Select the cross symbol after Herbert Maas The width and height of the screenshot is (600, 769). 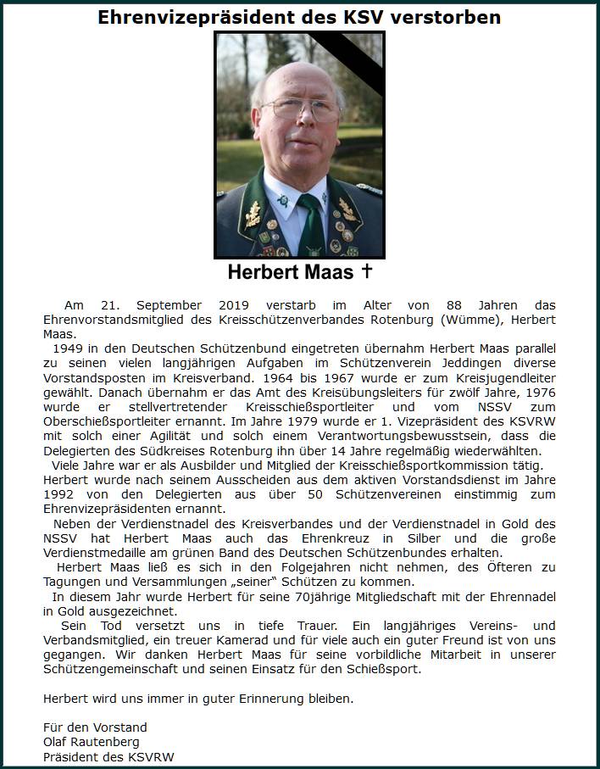(x=367, y=271)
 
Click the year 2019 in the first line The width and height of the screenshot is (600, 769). (x=239, y=304)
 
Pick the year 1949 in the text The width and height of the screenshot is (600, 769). (x=69, y=348)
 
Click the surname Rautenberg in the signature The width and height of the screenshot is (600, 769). (x=109, y=742)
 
